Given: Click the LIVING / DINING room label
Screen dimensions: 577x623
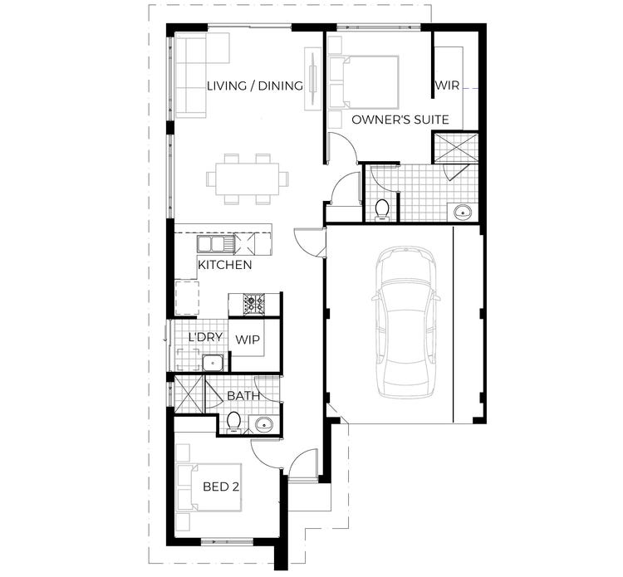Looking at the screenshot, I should pyautogui.click(x=254, y=86).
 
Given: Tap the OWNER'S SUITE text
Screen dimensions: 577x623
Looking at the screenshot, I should pyautogui.click(x=400, y=120).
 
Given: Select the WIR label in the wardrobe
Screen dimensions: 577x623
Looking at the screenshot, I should pyautogui.click(x=447, y=86).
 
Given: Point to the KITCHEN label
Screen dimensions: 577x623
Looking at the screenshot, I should pyautogui.click(x=224, y=265).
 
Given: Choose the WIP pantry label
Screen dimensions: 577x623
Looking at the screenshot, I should pyautogui.click(x=248, y=339).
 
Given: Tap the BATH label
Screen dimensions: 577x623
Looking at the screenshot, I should pyautogui.click(x=243, y=396).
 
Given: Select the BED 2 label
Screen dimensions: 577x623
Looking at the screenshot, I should pyautogui.click(x=221, y=486).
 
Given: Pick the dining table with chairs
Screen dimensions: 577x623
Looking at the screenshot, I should pyautogui.click(x=248, y=178).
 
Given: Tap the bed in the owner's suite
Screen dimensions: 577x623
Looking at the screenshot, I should pyautogui.click(x=363, y=81).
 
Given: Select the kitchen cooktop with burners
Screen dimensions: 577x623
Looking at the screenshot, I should pyautogui.click(x=253, y=303).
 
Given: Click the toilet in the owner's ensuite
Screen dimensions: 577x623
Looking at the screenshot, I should pyautogui.click(x=382, y=208).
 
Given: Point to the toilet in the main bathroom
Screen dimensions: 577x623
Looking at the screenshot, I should pyautogui.click(x=234, y=423).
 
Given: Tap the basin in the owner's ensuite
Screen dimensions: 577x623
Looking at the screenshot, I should pyautogui.click(x=462, y=211).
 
